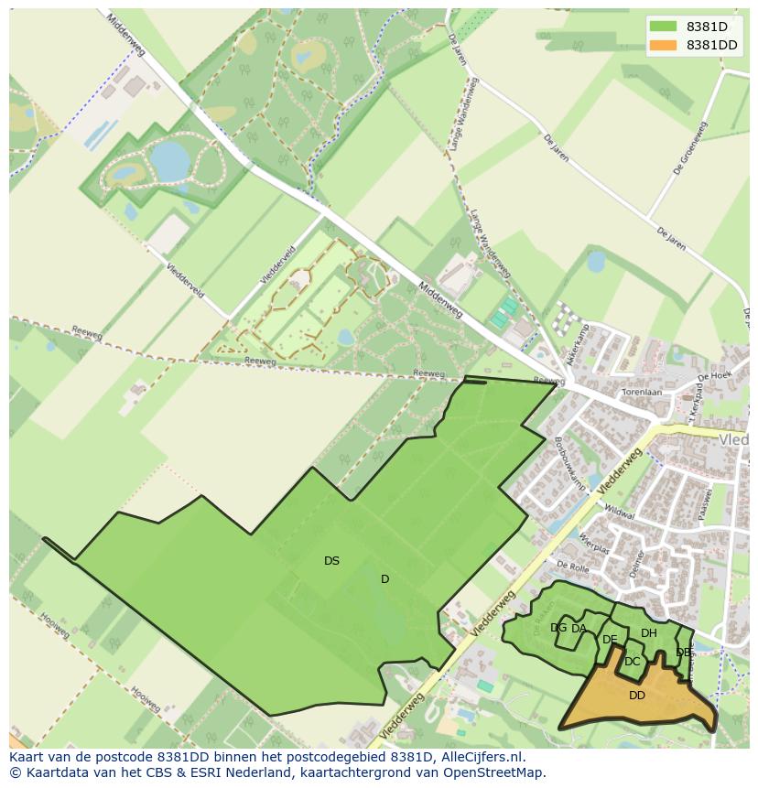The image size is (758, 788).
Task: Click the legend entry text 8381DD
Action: point(712,45)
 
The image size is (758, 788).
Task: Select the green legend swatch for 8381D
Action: point(664,27)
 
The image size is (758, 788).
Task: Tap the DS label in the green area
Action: point(331,561)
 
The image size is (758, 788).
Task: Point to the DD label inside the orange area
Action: point(637,696)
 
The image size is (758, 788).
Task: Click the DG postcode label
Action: point(558,628)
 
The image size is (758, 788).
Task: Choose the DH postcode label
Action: point(648,632)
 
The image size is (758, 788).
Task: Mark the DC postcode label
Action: point(632,662)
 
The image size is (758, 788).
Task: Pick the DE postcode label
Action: point(610,639)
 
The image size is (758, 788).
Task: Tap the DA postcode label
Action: point(579,628)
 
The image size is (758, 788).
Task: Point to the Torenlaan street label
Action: point(641,391)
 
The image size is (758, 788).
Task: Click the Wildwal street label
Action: point(619,516)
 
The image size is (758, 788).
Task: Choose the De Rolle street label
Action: point(571,567)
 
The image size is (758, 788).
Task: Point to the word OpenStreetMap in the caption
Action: point(498,772)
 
